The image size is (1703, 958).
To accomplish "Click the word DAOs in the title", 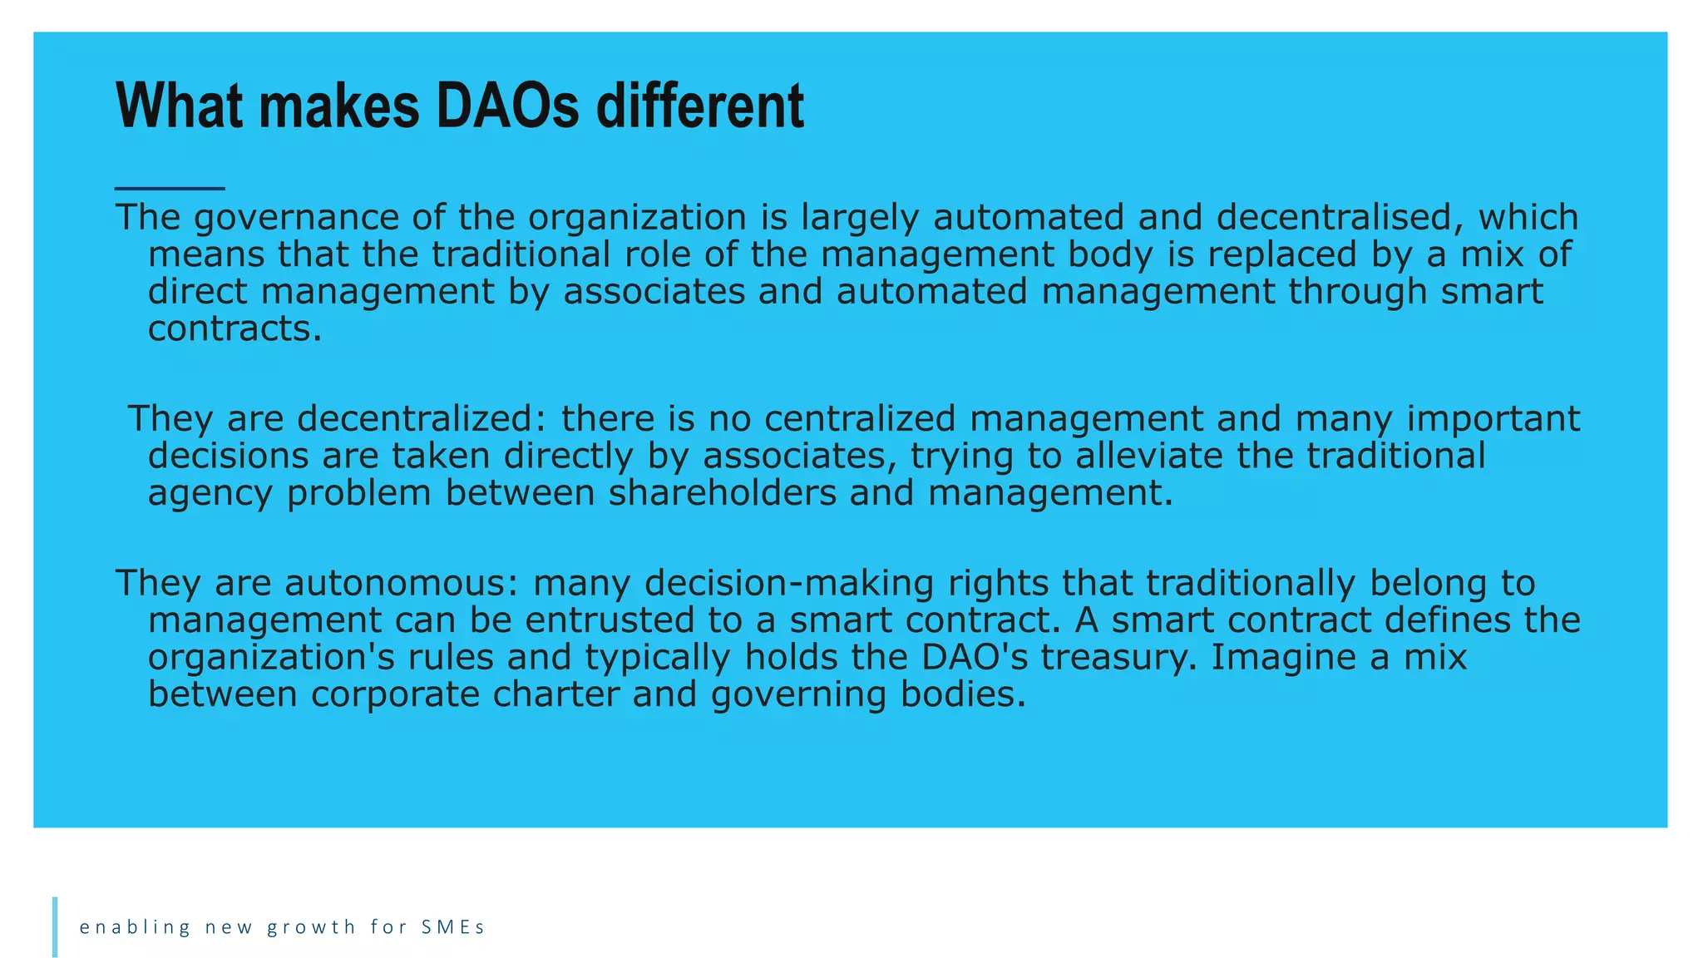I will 507,106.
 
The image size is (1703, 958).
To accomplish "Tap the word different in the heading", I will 700,106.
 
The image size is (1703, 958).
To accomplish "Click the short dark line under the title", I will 170,189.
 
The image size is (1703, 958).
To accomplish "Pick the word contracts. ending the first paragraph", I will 234,329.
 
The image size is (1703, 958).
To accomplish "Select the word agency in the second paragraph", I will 210,494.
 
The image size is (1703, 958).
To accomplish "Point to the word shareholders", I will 722,493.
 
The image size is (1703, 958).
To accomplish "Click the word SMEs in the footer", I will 452,927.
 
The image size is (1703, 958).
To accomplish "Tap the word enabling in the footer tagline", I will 135,927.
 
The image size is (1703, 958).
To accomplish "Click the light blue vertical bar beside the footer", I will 55,926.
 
